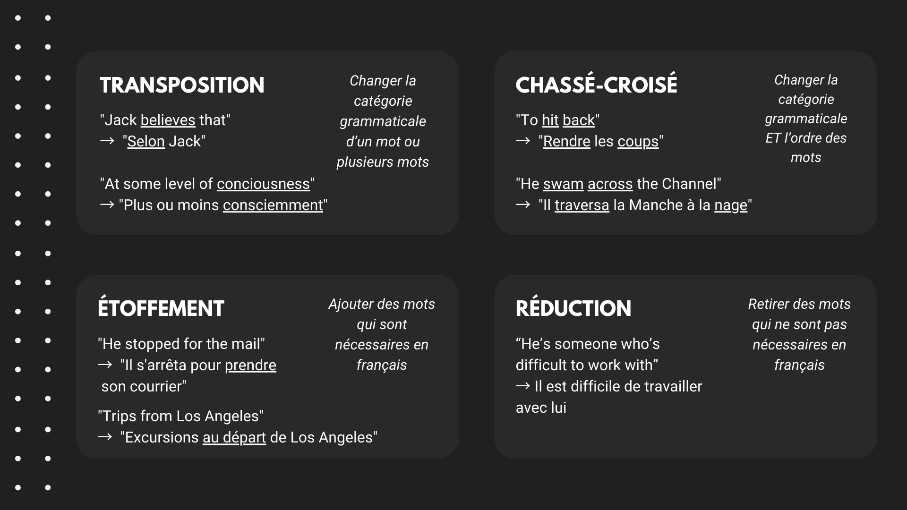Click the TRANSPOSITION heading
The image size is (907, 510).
tap(182, 85)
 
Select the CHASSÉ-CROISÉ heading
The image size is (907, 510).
tap(596, 85)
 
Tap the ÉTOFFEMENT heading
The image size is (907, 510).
tap(161, 308)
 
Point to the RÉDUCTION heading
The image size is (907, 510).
tap(573, 308)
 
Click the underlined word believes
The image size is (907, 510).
tap(168, 120)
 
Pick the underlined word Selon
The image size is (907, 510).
tap(146, 142)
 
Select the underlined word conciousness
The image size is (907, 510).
tap(263, 184)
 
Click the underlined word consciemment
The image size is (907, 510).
tap(273, 205)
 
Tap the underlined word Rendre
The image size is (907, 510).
tap(566, 142)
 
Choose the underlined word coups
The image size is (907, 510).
tap(638, 142)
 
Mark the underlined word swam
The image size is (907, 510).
tap(563, 184)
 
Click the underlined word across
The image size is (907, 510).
tap(610, 184)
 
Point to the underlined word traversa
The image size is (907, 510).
tap(582, 205)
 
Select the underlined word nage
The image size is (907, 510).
tap(731, 206)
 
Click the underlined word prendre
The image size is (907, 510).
tap(250, 365)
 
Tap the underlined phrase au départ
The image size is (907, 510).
tap(234, 438)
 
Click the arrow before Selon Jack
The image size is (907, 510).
tap(107, 141)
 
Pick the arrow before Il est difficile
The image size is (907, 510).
tap(523, 386)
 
